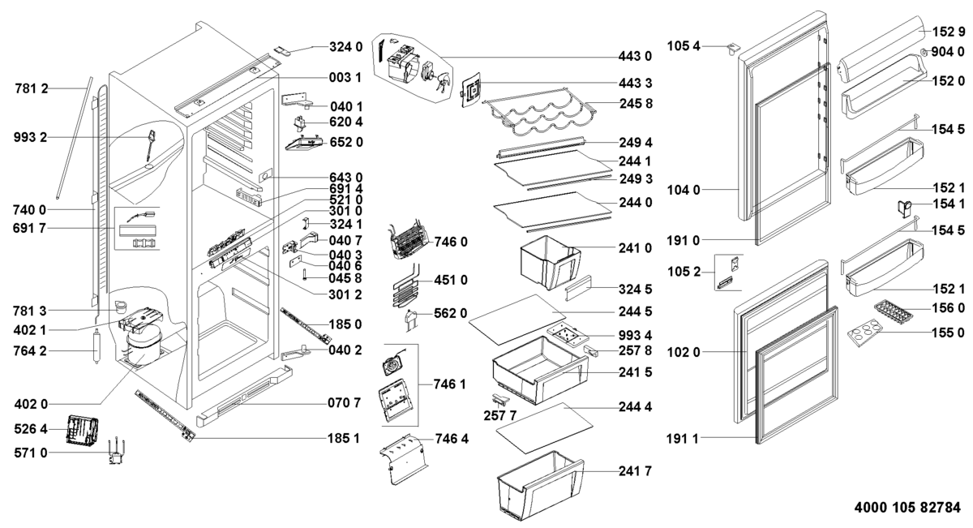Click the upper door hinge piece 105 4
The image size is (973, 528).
[x=735, y=49]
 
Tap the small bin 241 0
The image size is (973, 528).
[x=549, y=260]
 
